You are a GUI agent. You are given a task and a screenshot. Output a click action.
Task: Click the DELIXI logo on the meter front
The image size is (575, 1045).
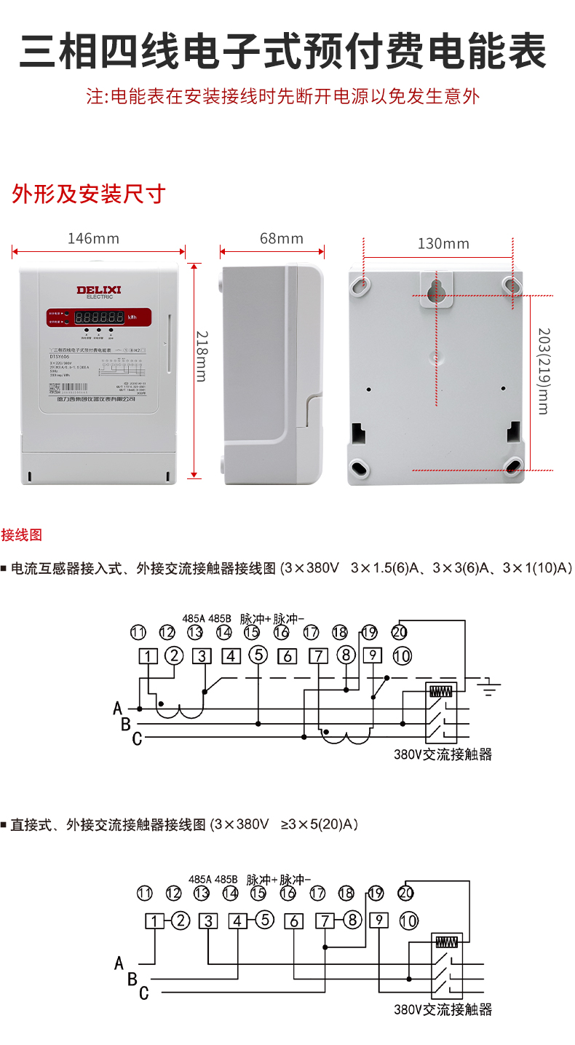[99, 291]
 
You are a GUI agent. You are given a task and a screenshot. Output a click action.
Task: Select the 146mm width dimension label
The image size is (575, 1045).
[93, 238]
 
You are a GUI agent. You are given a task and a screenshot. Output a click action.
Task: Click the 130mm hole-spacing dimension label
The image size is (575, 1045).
[443, 243]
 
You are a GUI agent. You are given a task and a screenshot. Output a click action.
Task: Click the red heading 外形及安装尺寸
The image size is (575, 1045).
[89, 194]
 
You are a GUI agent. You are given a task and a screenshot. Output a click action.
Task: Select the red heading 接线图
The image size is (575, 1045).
[22, 535]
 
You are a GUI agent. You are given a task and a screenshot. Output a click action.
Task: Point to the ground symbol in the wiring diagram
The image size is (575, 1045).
[493, 686]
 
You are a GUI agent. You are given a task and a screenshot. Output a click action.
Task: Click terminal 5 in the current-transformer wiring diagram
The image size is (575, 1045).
[258, 655]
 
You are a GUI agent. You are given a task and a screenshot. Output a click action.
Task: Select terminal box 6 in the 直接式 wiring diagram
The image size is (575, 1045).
[294, 921]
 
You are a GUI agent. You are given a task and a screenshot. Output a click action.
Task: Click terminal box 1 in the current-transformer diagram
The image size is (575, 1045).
[148, 656]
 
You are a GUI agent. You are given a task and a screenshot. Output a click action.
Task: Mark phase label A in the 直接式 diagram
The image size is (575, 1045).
[119, 963]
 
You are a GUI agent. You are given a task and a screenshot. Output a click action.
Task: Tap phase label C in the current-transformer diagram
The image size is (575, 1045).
[137, 740]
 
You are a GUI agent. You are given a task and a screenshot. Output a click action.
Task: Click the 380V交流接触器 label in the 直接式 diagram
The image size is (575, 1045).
[443, 1010]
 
